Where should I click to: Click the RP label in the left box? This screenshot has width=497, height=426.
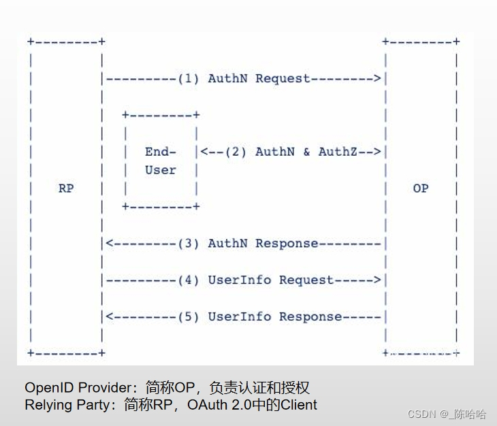65,189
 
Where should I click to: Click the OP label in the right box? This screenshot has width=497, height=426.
421,189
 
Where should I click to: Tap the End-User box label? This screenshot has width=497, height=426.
161,161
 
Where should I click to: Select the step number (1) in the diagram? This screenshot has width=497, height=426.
188,78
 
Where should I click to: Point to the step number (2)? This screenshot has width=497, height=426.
236,152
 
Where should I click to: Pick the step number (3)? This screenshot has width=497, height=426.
188,243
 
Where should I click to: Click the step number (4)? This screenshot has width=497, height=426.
188,280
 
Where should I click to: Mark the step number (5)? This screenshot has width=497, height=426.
188,316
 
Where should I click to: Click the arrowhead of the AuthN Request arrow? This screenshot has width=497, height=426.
378,78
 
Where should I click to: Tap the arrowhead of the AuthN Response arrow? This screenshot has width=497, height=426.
109,243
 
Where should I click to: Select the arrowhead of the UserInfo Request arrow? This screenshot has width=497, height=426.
378,280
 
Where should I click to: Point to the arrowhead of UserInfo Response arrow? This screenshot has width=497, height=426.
109,316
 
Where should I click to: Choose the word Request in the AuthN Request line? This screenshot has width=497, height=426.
283,78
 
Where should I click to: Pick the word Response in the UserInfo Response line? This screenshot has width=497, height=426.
310,316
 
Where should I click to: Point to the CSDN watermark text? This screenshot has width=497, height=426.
421,414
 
